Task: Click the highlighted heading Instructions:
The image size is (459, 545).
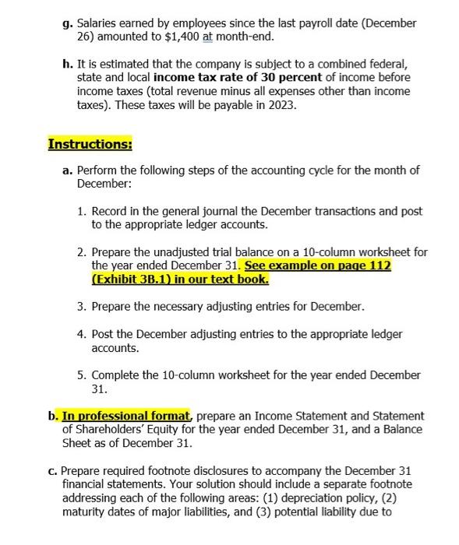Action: (x=90, y=144)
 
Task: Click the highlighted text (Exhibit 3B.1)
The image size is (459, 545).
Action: (x=123, y=278)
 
